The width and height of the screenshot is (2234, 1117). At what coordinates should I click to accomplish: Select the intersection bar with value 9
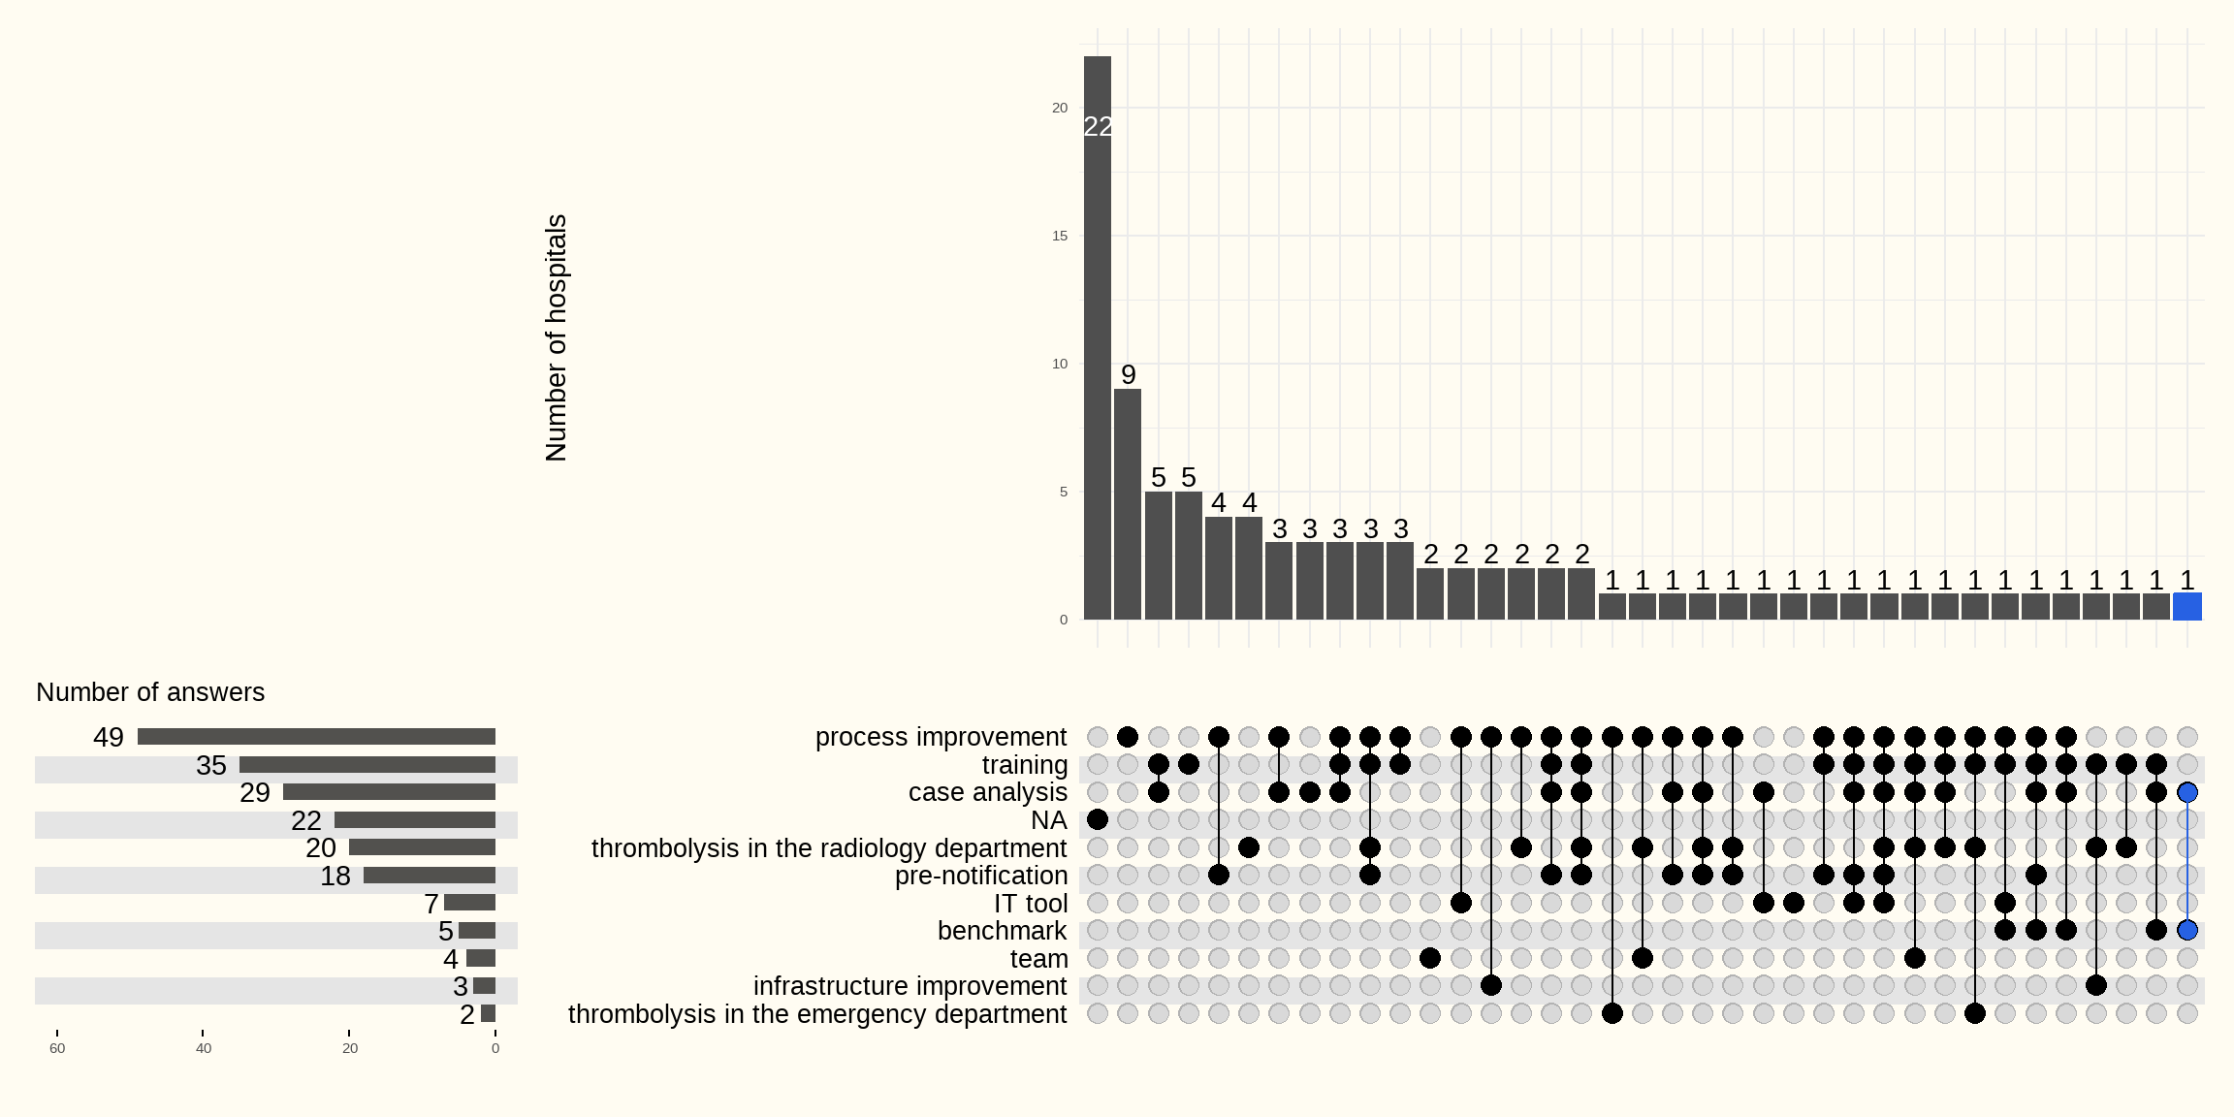1128,504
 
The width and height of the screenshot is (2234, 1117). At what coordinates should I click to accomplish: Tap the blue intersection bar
2186,607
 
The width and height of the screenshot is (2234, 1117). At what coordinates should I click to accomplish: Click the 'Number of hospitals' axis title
556,337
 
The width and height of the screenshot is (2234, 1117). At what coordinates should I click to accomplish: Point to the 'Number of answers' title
150,692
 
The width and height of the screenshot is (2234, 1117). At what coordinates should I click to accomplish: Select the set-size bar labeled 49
316,737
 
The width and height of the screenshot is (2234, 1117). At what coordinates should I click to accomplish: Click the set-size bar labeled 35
367,765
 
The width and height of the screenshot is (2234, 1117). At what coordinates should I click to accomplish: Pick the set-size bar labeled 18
429,876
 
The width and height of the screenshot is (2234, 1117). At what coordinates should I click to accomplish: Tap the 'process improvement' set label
941,737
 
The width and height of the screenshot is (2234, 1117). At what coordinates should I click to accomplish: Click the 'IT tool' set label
1030,904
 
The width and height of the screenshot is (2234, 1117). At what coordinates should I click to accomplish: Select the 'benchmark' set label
1002,931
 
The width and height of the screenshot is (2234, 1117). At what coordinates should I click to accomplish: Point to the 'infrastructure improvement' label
910,986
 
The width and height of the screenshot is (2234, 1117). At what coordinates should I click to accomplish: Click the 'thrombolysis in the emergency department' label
816,1014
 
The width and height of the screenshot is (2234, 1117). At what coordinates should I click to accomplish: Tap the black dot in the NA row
1098,820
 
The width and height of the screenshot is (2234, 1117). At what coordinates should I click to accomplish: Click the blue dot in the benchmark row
2186,931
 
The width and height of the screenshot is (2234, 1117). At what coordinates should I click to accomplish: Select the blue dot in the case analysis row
2186,792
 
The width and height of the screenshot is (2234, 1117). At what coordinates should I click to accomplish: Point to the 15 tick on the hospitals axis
1060,236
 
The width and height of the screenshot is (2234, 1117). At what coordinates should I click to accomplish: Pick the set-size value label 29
255,793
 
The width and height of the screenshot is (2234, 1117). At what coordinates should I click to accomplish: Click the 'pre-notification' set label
980,876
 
